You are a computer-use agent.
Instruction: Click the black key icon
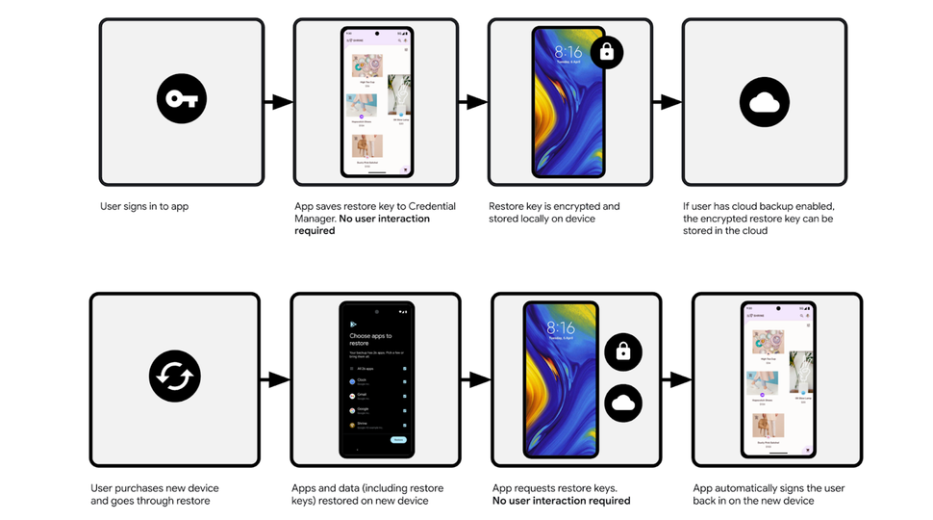(182, 99)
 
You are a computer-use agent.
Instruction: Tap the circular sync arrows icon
(174, 376)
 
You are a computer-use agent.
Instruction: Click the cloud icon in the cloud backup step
(764, 101)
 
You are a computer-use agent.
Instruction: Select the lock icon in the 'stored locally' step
(606, 53)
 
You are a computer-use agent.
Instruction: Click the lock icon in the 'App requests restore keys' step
(622, 352)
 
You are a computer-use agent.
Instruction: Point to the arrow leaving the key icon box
(278, 101)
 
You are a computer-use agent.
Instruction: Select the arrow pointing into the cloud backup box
(667, 101)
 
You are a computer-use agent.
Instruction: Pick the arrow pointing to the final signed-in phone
(677, 379)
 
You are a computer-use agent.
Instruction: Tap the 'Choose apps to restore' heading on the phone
(370, 339)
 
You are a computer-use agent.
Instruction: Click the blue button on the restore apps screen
(398, 439)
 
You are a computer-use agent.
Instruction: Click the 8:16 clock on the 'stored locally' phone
(567, 52)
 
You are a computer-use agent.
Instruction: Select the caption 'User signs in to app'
(143, 206)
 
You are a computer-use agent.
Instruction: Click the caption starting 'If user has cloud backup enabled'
(757, 219)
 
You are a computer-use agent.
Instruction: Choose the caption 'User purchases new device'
(154, 494)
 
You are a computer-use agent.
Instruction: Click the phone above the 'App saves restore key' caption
(376, 101)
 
